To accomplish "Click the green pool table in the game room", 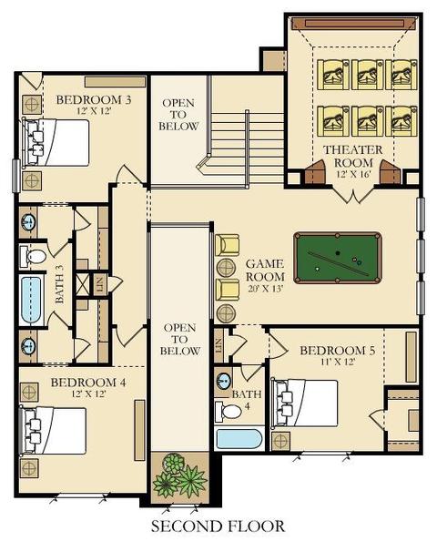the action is click(338, 258).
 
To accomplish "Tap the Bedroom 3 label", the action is click(94, 99).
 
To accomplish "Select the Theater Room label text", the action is click(352, 156).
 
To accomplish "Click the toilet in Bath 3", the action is click(33, 256).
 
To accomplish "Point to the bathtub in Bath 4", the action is click(239, 439).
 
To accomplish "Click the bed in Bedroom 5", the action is click(304, 404).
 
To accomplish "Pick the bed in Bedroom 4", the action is click(53, 431).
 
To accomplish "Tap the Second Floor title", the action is click(218, 526).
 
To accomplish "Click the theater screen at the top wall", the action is click(353, 24).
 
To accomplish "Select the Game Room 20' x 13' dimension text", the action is click(265, 290).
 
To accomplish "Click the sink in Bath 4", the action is click(223, 380).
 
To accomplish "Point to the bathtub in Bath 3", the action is click(31, 301).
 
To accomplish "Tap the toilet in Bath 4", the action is click(229, 411).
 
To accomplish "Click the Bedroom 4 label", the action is click(88, 383).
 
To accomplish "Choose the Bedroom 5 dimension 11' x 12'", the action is click(338, 362).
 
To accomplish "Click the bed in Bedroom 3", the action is click(55, 142).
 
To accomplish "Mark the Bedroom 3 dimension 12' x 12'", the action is click(94, 111).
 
